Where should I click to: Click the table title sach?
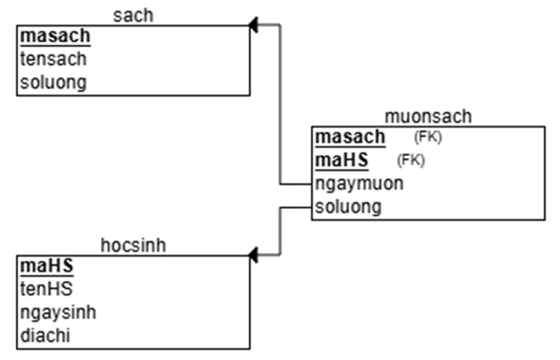133,16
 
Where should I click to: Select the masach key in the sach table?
56,36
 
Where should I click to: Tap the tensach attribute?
53,59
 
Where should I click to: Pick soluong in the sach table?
53,82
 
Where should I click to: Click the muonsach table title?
428,116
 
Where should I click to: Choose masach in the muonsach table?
351,137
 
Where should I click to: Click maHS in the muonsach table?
342,160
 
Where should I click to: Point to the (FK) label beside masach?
427,137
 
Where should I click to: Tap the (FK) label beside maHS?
410,160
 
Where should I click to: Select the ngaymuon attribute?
360,184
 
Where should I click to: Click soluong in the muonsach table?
348,207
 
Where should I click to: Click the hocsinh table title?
133,245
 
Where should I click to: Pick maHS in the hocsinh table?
47,266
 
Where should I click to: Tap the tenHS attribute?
47,289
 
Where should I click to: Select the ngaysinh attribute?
58,312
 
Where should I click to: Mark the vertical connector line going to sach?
281,106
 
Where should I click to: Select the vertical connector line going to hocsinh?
281,231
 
